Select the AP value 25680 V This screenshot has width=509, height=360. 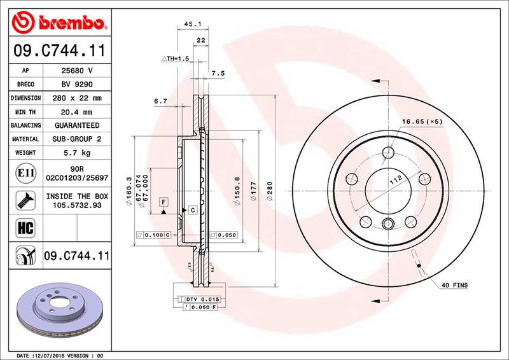click(76, 71)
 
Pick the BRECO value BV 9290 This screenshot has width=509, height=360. click(76, 85)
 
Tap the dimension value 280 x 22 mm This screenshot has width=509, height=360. click(76, 99)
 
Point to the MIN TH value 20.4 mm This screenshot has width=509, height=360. click(76, 112)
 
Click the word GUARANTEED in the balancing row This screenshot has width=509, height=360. click(76, 126)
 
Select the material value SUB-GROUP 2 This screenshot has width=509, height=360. click(76, 139)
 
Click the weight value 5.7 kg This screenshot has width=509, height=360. click(76, 153)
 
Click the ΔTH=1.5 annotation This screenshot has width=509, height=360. click(176, 59)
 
